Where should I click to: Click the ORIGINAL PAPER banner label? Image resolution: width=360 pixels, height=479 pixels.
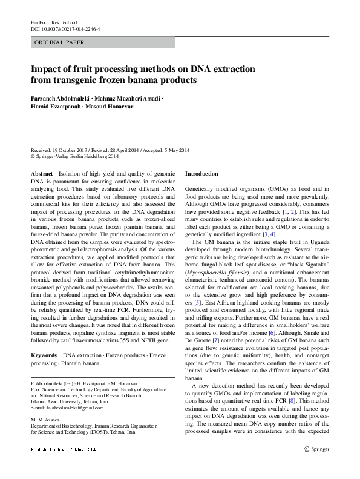coord(59,42)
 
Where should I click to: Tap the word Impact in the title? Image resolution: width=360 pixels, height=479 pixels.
coord(47,69)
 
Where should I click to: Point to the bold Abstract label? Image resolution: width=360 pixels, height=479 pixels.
coord(42,174)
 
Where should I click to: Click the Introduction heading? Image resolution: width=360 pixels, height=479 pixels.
coord(201,174)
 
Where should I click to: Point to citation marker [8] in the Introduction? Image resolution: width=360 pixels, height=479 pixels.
coord(310,400)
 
